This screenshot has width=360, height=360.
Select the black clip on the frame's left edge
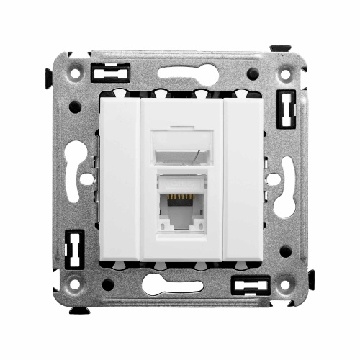coord(71,249)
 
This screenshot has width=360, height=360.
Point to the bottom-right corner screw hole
coord(287,285)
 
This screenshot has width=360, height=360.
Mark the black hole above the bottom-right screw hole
coord(285,251)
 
